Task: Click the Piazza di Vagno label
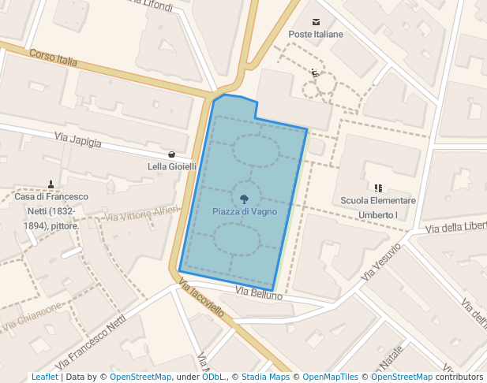tap(245, 212)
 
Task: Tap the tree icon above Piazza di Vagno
tap(245, 199)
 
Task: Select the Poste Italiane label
tap(316, 35)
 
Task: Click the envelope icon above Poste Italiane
tap(316, 22)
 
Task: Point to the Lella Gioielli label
tap(172, 167)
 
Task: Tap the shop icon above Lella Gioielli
tap(172, 154)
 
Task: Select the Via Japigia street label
tap(78, 140)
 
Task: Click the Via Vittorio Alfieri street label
tap(142, 213)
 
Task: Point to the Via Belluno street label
tap(258, 293)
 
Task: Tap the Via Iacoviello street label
tap(201, 300)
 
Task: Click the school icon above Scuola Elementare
tap(378, 188)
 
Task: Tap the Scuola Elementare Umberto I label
tap(378, 207)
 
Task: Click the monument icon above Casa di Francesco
tap(51, 184)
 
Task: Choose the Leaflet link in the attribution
tap(44, 377)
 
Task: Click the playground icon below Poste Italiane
tap(316, 73)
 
